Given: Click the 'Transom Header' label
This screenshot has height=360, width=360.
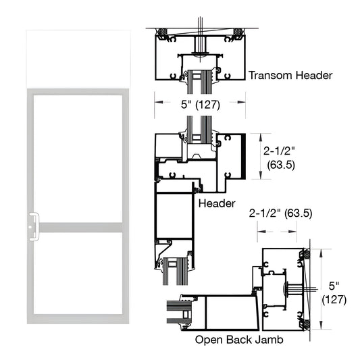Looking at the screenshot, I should click(x=290, y=76).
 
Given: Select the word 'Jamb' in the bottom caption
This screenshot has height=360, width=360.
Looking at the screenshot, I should click(x=267, y=340).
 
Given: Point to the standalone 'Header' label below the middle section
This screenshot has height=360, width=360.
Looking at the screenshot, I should click(x=216, y=203).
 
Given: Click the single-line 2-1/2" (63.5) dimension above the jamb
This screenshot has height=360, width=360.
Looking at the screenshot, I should click(x=280, y=213).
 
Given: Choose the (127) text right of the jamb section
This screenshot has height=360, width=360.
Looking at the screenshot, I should click(x=334, y=299).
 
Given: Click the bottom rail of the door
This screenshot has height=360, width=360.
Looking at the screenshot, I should click(x=76, y=316).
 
